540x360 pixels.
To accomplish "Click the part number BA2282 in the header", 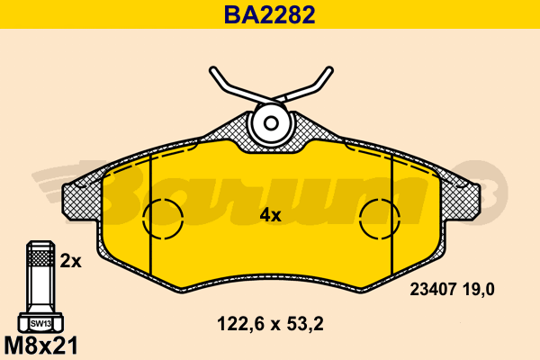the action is pos(270,14).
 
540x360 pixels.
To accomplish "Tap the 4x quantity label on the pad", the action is pos(270,216).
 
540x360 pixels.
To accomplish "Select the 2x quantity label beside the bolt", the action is pos(70,261).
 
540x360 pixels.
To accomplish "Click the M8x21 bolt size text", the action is pos(41,346).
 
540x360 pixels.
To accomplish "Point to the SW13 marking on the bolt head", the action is pos(40,323).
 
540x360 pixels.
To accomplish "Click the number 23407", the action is pos(433,290).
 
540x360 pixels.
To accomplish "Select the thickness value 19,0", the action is pos(479,290).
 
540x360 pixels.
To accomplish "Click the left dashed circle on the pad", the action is pos(163,199).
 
